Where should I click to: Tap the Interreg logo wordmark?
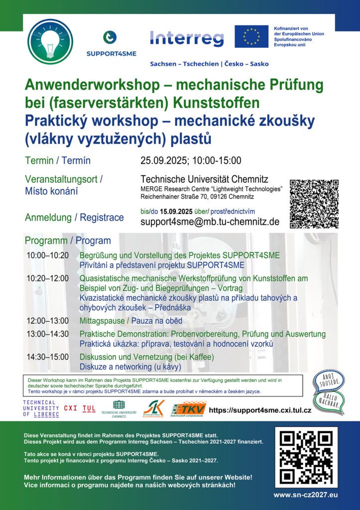[187, 38]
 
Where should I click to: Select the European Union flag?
[251, 36]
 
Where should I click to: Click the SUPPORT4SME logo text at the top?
[111, 53]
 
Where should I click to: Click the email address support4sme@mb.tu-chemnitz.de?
[210, 222]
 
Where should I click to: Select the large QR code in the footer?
[305, 457]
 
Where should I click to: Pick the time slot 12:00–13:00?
[48, 321]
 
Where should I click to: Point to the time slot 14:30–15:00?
[48, 358]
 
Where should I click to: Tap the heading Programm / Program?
[68, 241]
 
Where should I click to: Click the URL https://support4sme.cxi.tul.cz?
[260, 410]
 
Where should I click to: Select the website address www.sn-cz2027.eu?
[305, 495]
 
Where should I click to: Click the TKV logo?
[188, 408]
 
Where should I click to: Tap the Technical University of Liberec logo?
[41, 408]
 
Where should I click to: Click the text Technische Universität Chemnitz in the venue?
[204, 179]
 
